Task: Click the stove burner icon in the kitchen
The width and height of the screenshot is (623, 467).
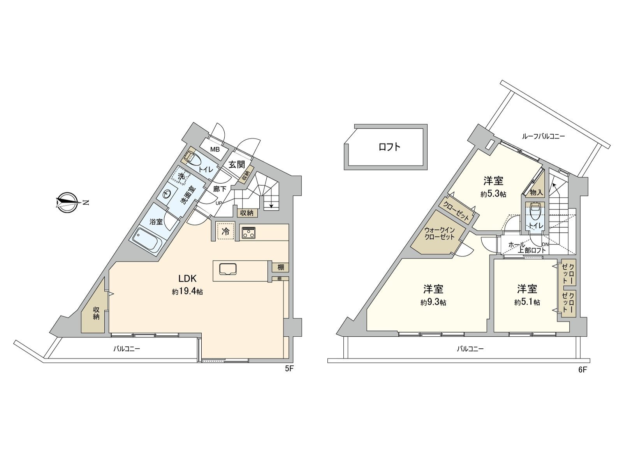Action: (248, 232)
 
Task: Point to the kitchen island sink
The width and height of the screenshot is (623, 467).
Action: (228, 269)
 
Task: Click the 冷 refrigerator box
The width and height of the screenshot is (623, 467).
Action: (225, 232)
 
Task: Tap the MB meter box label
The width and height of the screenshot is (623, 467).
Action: (215, 149)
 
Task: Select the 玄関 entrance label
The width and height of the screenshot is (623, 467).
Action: (236, 164)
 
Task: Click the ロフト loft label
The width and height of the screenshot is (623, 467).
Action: (389, 147)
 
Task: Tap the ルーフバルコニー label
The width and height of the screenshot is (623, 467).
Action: (543, 136)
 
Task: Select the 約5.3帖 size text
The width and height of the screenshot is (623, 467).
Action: (493, 194)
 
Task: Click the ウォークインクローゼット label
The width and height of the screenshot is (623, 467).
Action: (440, 233)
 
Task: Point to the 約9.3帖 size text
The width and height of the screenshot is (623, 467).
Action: (433, 302)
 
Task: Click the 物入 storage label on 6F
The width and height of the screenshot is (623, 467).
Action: (537, 192)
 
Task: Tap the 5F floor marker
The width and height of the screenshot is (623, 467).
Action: (289, 369)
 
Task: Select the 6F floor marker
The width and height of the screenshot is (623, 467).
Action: (582, 370)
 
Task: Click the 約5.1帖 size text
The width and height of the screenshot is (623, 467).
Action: (527, 302)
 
